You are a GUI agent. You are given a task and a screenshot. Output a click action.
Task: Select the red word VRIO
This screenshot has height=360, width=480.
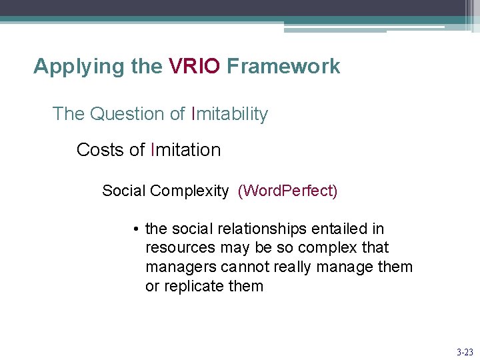(x=194, y=67)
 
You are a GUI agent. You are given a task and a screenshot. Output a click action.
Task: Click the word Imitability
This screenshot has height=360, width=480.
(x=229, y=114)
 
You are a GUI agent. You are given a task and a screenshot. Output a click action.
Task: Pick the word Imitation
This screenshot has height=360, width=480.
(x=186, y=150)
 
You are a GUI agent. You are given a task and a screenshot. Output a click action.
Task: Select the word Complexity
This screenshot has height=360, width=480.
(x=189, y=191)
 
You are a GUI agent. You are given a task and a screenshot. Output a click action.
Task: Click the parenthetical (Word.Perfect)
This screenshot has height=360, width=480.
(x=288, y=191)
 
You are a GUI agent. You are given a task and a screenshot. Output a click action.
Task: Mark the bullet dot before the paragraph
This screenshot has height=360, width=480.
(x=135, y=229)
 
